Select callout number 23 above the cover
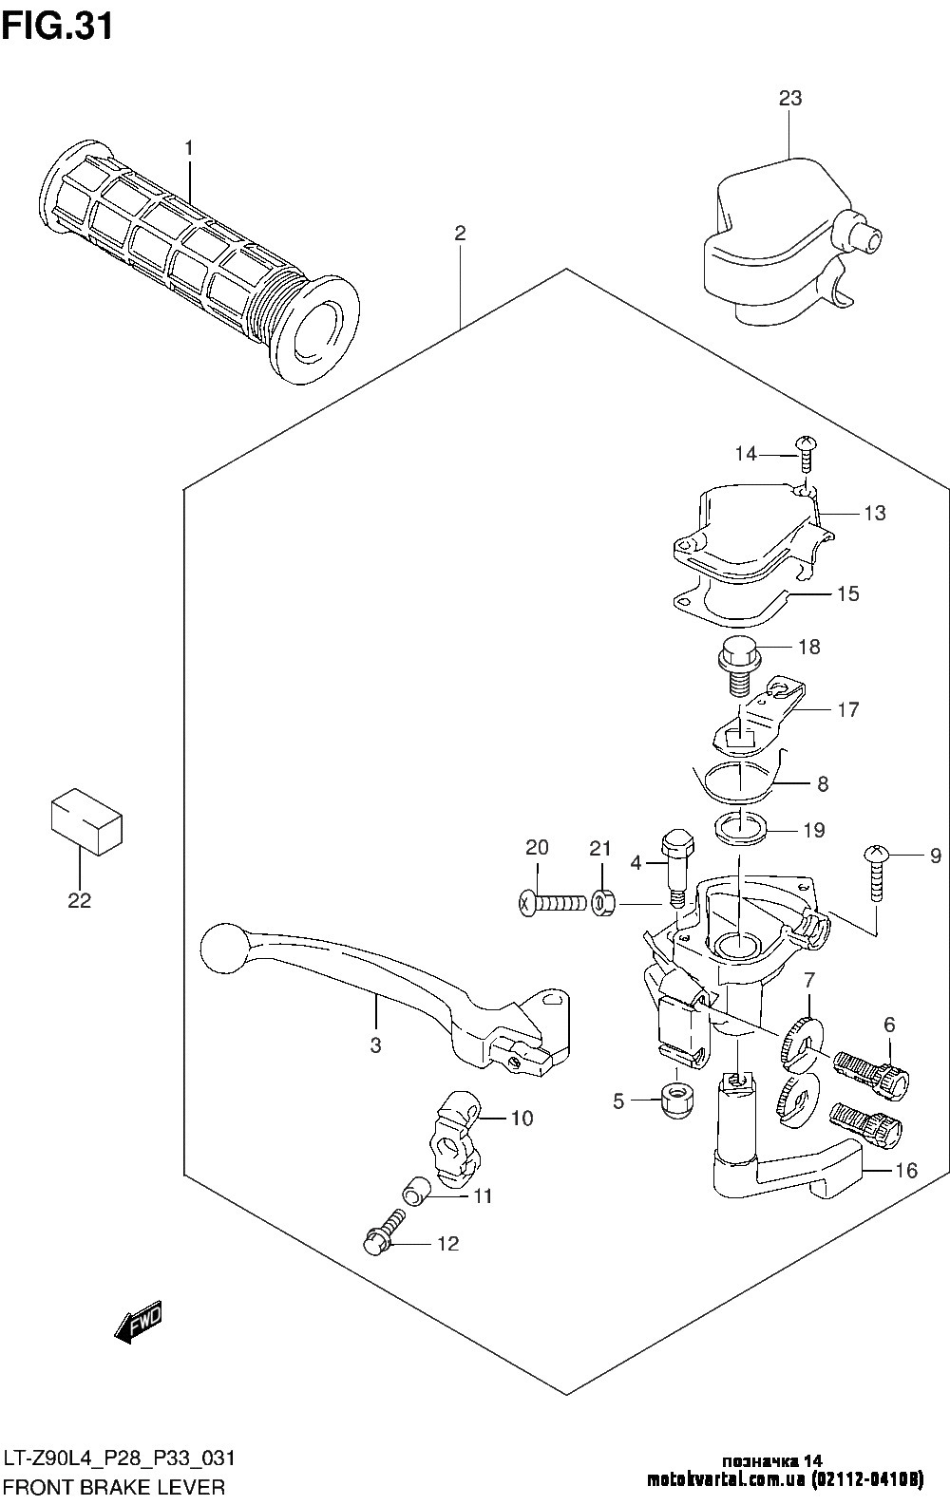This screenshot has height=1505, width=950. click(790, 99)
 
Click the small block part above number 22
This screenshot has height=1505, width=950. click(86, 821)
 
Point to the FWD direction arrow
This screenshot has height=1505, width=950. click(139, 1323)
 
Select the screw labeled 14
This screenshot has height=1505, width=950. click(807, 455)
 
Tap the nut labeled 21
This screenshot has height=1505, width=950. click(602, 903)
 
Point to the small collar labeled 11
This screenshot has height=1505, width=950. click(416, 1193)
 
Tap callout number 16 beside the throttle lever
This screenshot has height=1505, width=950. click(906, 1171)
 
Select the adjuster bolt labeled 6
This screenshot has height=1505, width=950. click(870, 1072)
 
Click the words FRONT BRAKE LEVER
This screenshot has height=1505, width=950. click(114, 1488)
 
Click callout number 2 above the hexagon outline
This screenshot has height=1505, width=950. click(460, 234)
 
